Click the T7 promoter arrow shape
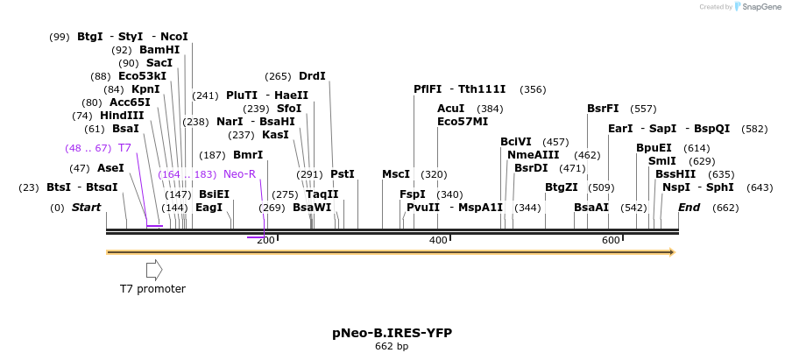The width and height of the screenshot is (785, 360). (x=153, y=269)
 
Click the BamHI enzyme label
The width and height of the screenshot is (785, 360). (x=159, y=50)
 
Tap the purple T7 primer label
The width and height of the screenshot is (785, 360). (x=124, y=148)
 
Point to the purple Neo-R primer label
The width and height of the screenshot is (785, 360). (x=239, y=174)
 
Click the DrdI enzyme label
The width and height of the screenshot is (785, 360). (x=312, y=76)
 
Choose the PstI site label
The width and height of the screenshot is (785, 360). (x=343, y=174)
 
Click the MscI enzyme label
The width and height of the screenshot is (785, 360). (x=396, y=174)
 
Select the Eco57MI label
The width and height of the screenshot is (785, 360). (x=463, y=122)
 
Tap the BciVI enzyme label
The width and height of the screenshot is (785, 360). (x=516, y=142)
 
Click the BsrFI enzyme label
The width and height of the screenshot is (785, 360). (x=603, y=109)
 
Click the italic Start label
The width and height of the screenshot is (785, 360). (x=86, y=208)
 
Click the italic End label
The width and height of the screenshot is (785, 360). (x=690, y=208)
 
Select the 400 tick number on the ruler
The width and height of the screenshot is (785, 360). (x=438, y=240)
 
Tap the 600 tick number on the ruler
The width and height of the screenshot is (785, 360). (x=611, y=240)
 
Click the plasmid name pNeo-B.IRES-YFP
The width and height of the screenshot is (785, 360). (x=392, y=333)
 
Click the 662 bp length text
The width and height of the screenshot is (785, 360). (x=392, y=347)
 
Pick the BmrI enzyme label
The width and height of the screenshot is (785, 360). (x=248, y=155)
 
